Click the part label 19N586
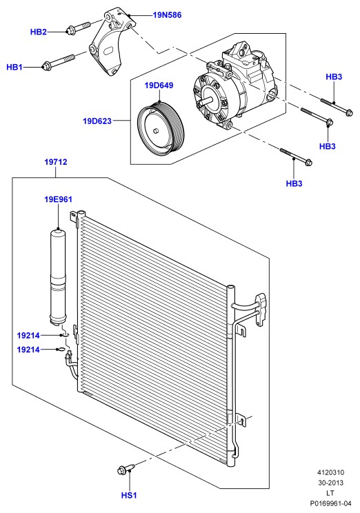167,14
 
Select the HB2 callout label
39,32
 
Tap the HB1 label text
14,68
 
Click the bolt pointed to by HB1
59,61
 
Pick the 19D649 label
159,85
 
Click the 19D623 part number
97,121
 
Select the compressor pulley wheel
161,128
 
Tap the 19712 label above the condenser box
56,161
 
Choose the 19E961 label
58,199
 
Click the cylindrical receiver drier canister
58,277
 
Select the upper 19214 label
28,335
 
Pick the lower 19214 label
28,350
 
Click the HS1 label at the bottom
129,495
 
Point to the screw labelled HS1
126,470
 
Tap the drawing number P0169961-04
330,503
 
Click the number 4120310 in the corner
330,473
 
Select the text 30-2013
330,483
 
